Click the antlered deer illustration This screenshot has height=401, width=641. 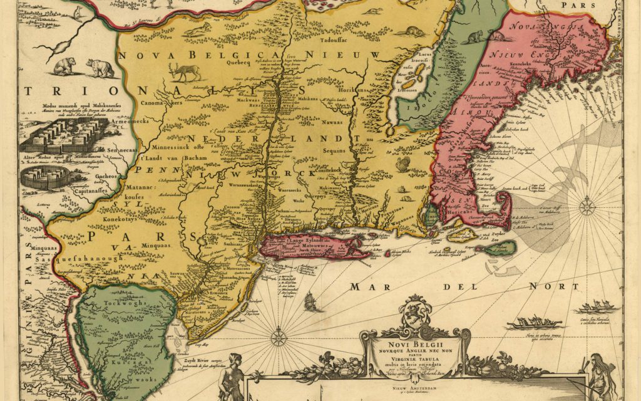186,71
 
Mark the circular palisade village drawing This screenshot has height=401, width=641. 43,177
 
